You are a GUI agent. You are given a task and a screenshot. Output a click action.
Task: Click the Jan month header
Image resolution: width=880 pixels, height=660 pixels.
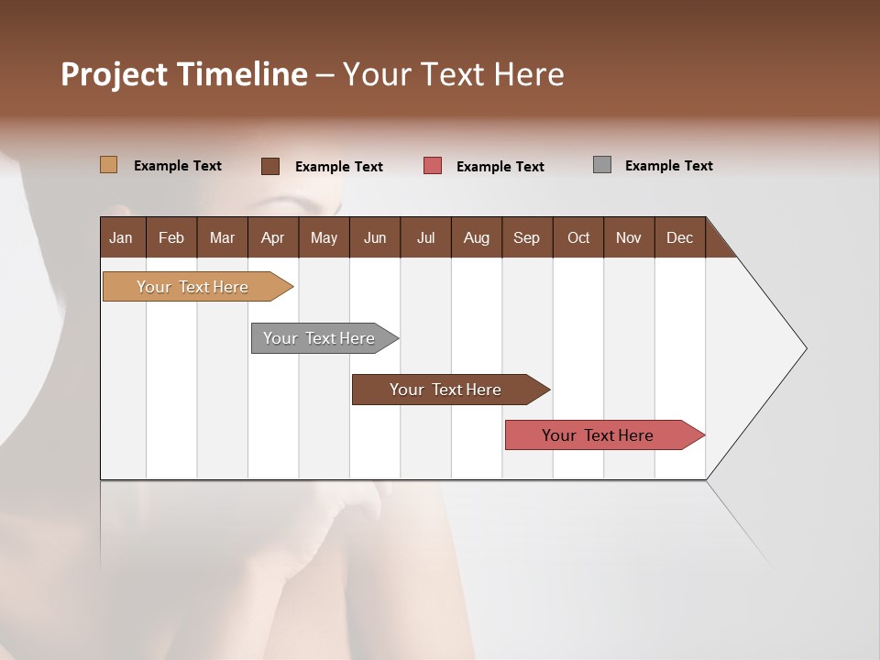click(122, 237)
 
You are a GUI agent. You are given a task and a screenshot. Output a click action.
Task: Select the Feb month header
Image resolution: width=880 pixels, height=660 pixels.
click(171, 237)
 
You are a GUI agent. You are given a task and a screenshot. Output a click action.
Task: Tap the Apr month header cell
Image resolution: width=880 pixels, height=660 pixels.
click(272, 237)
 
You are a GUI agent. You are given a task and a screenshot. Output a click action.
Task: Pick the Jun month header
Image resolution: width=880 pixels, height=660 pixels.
click(375, 237)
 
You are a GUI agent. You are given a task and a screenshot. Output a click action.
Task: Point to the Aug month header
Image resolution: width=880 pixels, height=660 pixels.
click(476, 237)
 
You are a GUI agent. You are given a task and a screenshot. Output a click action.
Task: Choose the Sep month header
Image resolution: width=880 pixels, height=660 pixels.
click(526, 237)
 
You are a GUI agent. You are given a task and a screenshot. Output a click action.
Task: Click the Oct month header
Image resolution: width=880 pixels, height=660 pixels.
click(578, 237)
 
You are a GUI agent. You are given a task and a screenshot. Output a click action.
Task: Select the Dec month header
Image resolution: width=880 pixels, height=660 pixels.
click(679, 237)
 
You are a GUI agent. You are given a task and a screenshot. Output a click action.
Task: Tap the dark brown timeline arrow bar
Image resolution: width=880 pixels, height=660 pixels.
click(446, 390)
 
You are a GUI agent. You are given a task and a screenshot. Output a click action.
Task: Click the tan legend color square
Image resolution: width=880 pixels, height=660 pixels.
click(108, 165)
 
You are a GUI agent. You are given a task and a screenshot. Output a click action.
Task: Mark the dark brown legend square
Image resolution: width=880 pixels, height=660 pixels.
click(270, 166)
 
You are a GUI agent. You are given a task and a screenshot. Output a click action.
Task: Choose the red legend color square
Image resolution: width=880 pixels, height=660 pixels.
click(433, 166)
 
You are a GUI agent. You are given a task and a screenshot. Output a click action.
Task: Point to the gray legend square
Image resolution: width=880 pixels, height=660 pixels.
click(602, 165)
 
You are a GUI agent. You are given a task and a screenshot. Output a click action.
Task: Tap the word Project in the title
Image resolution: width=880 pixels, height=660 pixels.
click(114, 74)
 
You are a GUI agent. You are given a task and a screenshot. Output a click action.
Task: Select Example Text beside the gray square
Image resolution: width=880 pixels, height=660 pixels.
click(668, 166)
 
